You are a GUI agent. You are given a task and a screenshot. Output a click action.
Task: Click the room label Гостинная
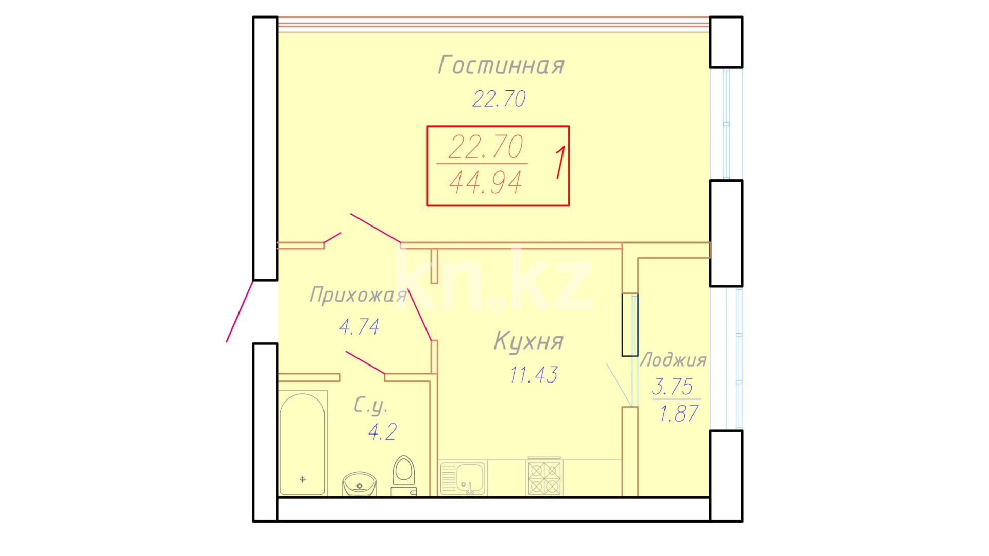(x=501, y=65)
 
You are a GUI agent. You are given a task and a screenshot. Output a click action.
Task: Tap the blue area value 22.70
(x=499, y=98)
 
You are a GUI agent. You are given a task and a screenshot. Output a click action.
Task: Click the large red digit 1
(x=560, y=162)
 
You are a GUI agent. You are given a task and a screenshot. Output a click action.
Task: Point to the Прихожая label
(x=359, y=295)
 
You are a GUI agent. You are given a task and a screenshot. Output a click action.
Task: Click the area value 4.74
(x=360, y=326)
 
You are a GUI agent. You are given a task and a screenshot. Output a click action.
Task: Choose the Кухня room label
(x=528, y=341)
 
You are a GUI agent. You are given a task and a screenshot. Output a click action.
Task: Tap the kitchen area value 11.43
(x=534, y=375)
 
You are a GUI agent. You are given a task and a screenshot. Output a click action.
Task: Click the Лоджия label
(x=673, y=360)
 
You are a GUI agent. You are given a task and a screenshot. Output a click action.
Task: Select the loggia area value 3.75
(x=673, y=387)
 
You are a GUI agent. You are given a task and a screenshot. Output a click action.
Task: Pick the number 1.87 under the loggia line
(x=679, y=414)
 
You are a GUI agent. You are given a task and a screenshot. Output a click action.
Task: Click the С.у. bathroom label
(x=370, y=406)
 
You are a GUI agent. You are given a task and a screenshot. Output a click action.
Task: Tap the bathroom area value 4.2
(x=382, y=432)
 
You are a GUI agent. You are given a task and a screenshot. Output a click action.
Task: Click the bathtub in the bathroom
(x=303, y=443)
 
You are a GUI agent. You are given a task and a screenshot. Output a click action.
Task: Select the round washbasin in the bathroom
(x=360, y=484)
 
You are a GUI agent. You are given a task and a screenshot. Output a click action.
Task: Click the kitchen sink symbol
(x=463, y=478)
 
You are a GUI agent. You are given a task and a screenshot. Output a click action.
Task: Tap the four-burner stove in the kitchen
(x=544, y=477)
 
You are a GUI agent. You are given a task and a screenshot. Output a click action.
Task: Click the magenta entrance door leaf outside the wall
(x=240, y=311)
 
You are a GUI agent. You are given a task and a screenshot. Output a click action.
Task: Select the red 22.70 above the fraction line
(x=486, y=147)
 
